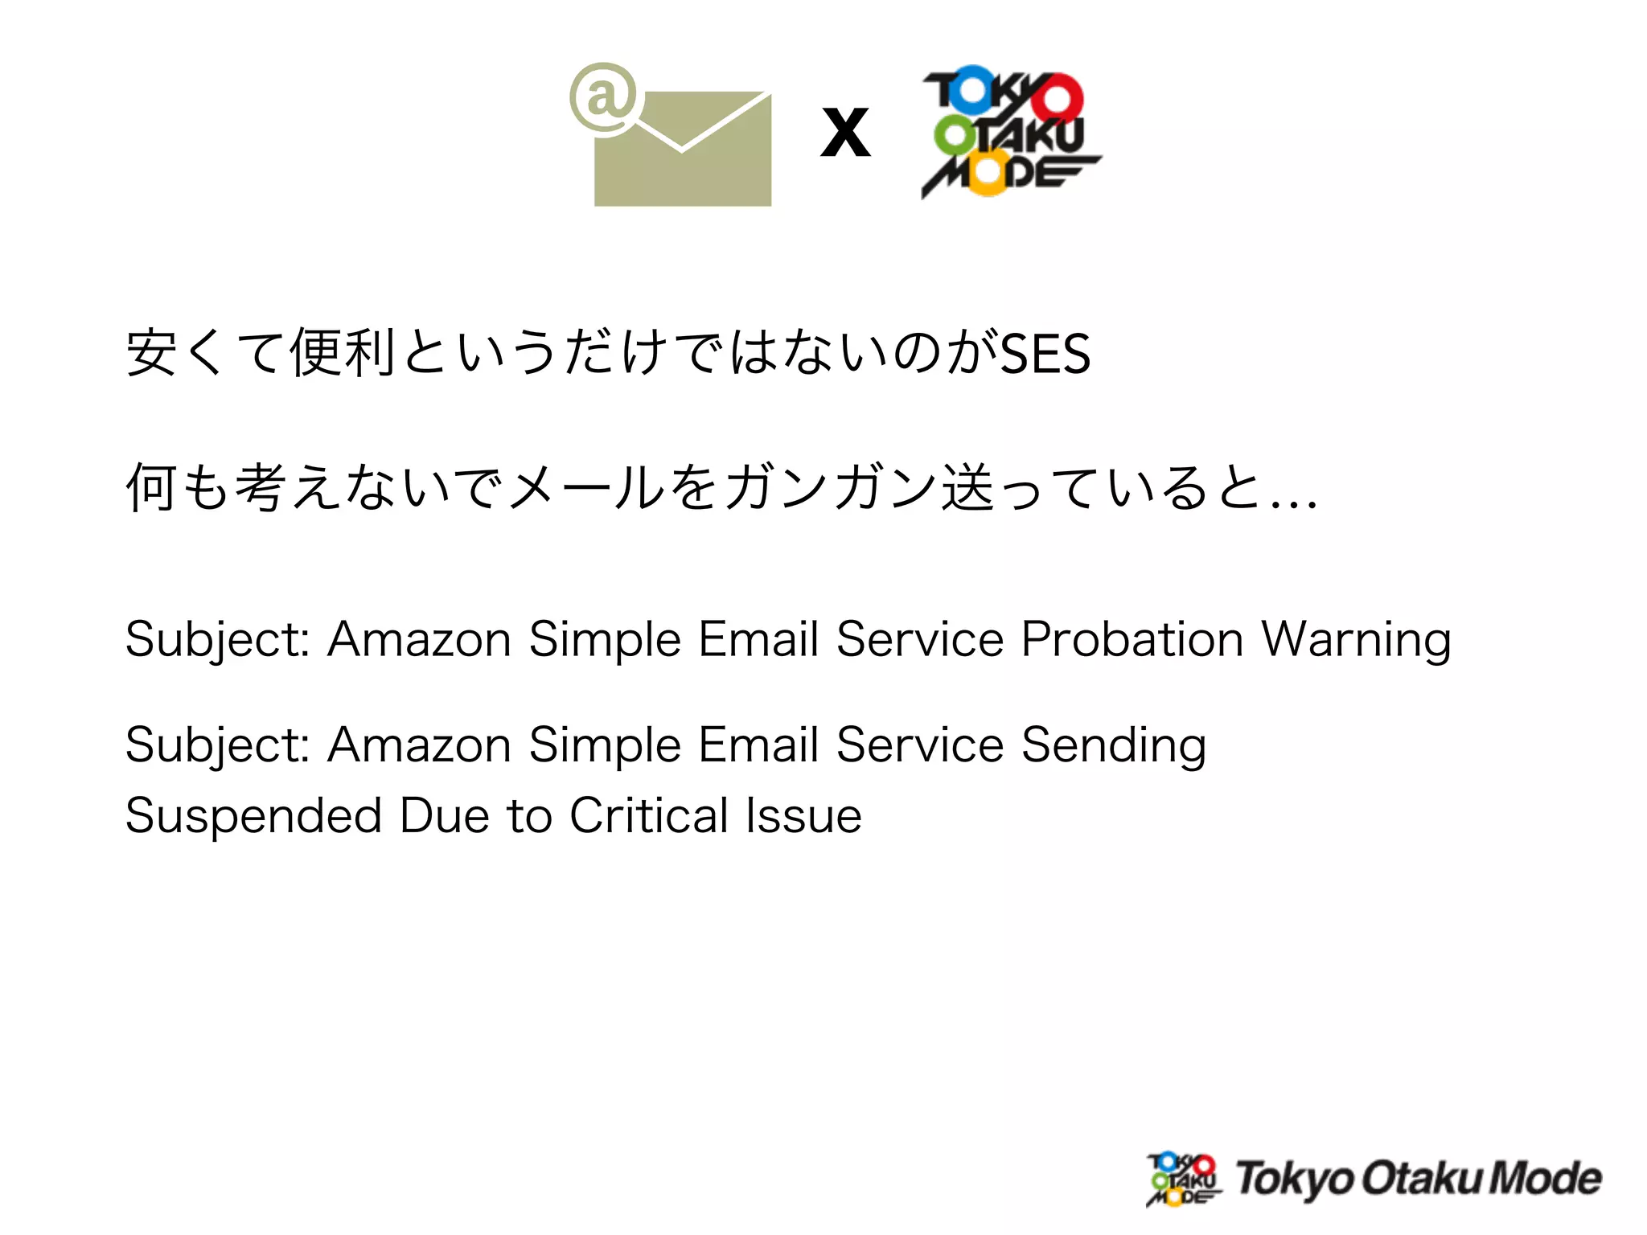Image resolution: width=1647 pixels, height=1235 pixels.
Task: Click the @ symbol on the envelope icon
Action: pyautogui.click(x=603, y=98)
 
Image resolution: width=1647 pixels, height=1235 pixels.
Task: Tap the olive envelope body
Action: pyautogui.click(x=684, y=173)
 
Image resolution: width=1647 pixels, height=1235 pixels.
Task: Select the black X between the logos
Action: pyautogui.click(x=845, y=133)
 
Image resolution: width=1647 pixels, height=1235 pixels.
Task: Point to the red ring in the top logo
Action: pyautogui.click(x=1057, y=99)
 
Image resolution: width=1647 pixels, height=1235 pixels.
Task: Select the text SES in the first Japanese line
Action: pyautogui.click(x=1045, y=354)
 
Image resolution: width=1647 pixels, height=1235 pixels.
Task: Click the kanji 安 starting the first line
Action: pyautogui.click(x=151, y=352)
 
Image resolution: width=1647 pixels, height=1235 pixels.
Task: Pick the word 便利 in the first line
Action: pyautogui.click(x=343, y=352)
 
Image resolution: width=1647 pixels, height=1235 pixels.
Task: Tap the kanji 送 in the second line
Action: pyautogui.click(x=967, y=487)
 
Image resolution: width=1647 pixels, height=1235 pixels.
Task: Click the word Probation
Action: pyautogui.click(x=1132, y=640)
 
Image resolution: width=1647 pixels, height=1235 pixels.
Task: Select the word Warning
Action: pyautogui.click(x=1356, y=640)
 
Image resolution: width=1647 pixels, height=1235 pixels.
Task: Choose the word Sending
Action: pyautogui.click(x=1114, y=745)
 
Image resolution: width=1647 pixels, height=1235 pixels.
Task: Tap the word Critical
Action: pyautogui.click(x=649, y=815)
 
